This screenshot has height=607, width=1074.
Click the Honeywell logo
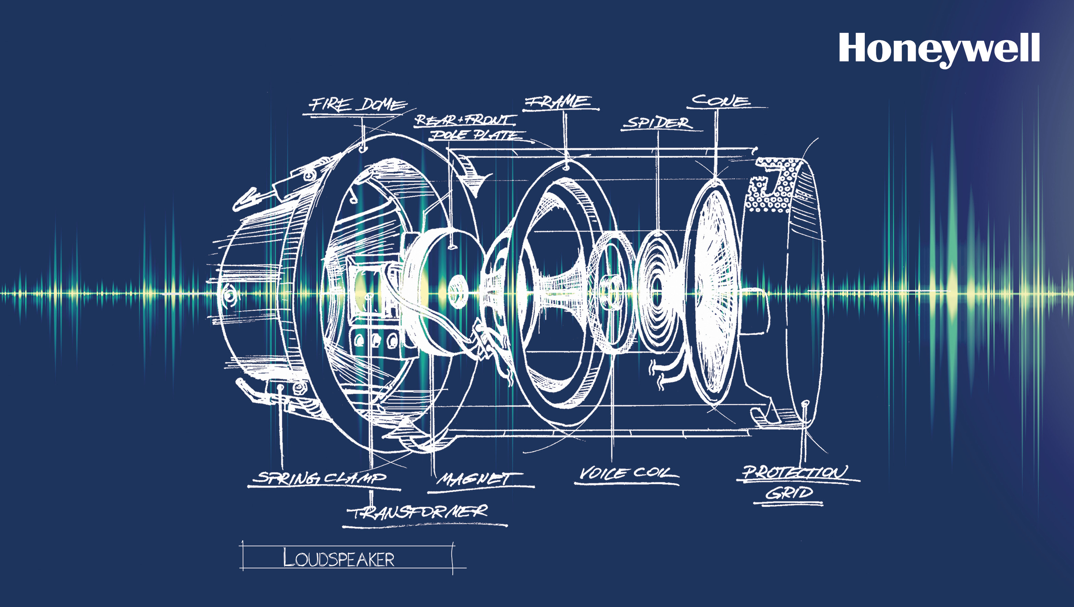coord(939,50)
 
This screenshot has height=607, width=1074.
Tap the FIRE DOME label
coord(357,104)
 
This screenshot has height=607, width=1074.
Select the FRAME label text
coord(558,101)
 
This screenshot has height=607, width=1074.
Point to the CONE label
coord(721,100)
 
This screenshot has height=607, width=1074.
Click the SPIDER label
coord(658,123)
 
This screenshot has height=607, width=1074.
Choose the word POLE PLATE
coord(476,135)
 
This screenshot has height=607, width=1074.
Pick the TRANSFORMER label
coord(419,511)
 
